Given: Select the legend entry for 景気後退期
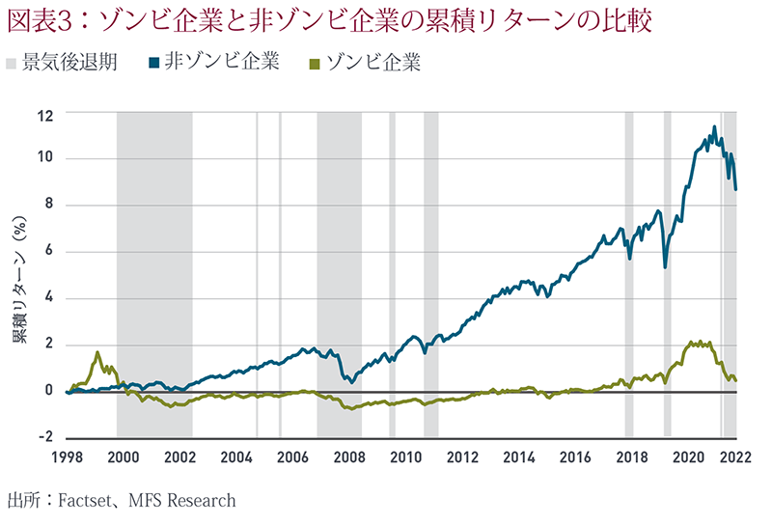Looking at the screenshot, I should coord(63,64).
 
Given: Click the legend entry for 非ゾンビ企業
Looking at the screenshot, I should coord(214,64).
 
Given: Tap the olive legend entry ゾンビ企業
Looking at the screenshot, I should coord(368,64).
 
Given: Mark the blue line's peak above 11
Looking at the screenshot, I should coord(714,126).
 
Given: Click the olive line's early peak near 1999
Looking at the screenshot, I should coord(97,352).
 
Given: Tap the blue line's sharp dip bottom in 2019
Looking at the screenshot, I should coord(666,266).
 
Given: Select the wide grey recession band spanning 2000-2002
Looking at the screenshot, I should coord(153,270).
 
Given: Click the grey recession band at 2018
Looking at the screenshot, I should coord(629,270).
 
